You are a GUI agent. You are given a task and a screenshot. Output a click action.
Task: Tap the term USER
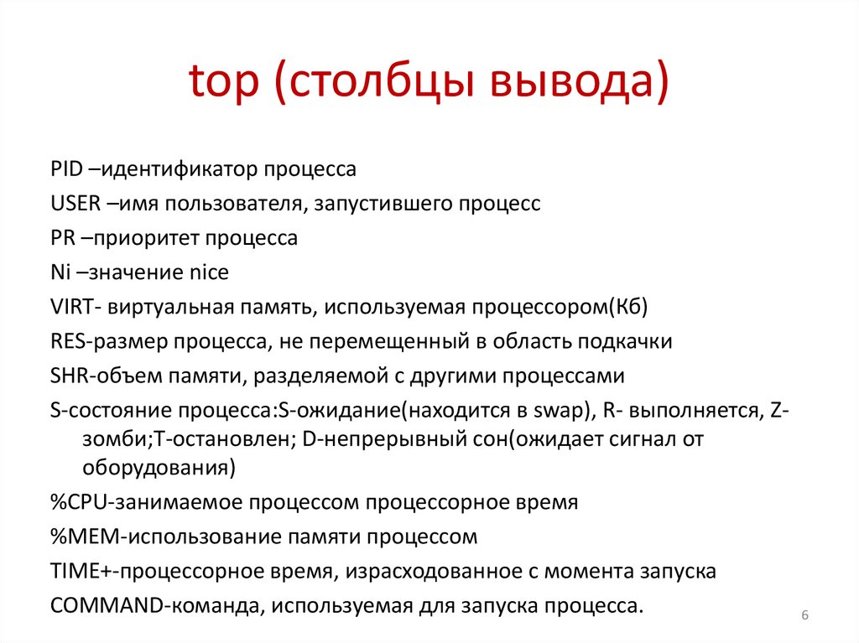[x=74, y=204]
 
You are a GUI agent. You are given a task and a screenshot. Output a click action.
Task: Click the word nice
[x=208, y=272]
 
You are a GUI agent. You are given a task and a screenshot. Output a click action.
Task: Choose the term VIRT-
[x=76, y=307]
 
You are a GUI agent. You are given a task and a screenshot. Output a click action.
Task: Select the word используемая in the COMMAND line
[x=366, y=605]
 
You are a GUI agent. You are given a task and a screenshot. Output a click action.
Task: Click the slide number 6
[x=804, y=616]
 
